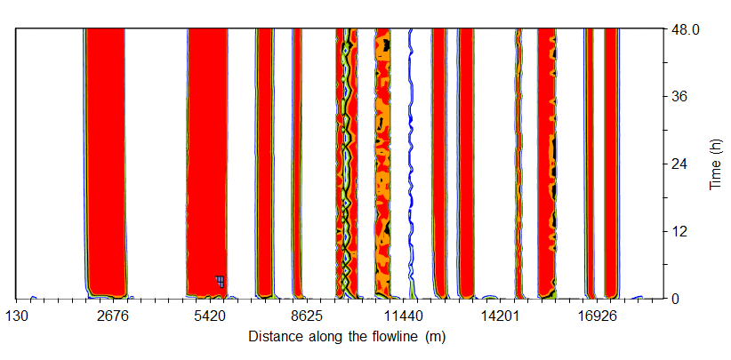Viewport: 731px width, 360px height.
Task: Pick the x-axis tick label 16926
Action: coord(596,316)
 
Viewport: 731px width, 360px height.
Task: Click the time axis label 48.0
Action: coord(689,29)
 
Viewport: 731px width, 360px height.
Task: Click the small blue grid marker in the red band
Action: coord(220,281)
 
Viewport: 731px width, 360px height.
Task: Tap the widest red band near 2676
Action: coord(105,160)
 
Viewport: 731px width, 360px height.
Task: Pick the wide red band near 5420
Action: coord(207,160)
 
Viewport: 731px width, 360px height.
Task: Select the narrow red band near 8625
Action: coord(297,160)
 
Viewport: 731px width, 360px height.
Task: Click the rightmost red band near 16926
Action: coord(611,160)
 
